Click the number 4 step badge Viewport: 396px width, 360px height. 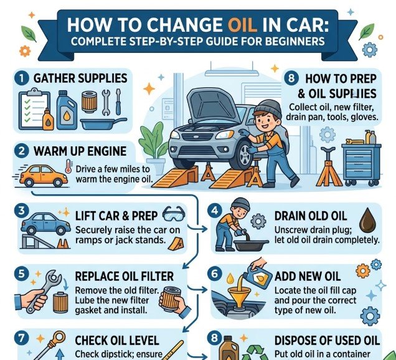coord(215,210)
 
